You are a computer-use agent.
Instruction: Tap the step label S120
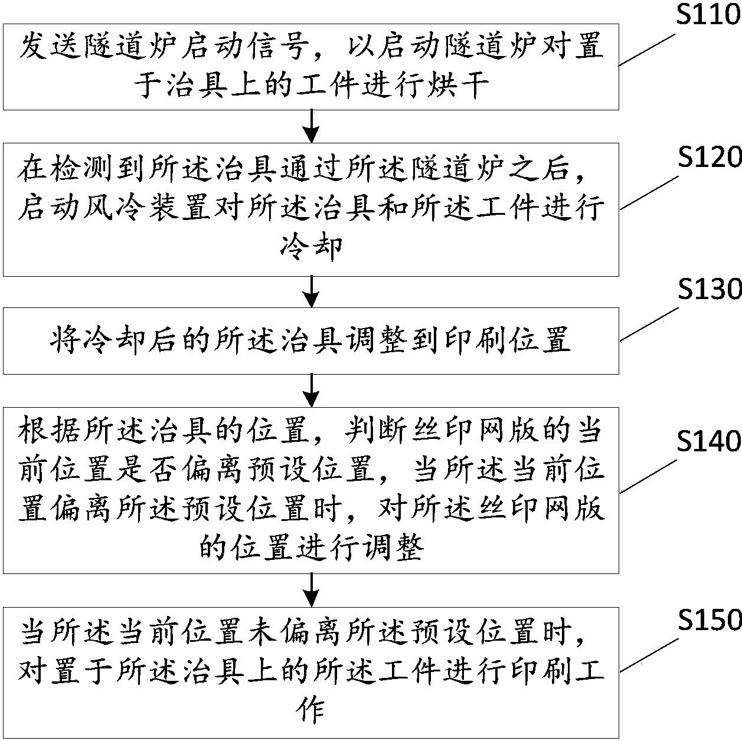pyautogui.click(x=709, y=158)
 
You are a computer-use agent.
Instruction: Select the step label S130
pyautogui.click(x=709, y=290)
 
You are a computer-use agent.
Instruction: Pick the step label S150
pyautogui.click(x=709, y=620)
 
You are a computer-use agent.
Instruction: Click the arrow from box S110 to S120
pyautogui.click(x=311, y=126)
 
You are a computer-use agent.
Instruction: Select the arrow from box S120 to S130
pyautogui.click(x=311, y=291)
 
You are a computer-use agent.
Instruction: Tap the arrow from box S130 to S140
pyautogui.click(x=311, y=390)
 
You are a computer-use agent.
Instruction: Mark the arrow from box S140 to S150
pyautogui.click(x=311, y=589)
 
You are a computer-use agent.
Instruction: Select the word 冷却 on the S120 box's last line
pyautogui.click(x=311, y=247)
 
